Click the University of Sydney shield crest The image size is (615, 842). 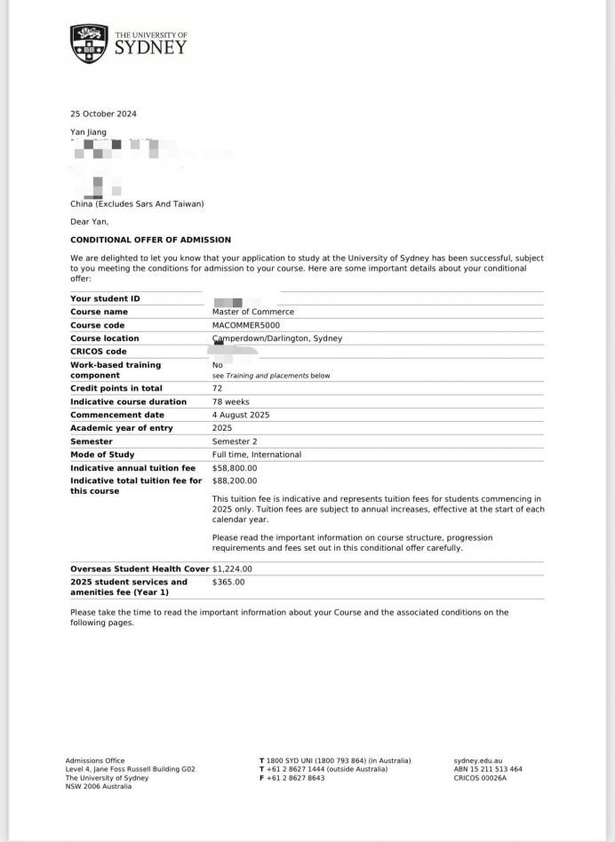click(x=89, y=44)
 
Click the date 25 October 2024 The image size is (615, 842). click(x=103, y=114)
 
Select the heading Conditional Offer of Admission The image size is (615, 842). click(x=150, y=240)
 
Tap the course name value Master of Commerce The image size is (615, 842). click(x=252, y=312)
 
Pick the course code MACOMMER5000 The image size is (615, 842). click(x=245, y=325)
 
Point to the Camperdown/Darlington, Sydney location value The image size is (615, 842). click(x=277, y=338)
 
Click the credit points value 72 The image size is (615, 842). click(x=217, y=388)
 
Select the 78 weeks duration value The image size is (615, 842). click(x=229, y=401)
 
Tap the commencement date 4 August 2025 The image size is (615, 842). click(x=241, y=415)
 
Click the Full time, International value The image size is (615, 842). click(x=256, y=455)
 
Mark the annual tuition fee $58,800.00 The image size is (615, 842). click(x=235, y=467)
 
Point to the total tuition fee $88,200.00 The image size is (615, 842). click(x=235, y=481)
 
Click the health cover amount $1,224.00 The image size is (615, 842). click(x=232, y=569)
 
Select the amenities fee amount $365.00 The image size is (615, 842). click(x=228, y=582)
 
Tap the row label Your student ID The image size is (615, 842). click(x=105, y=298)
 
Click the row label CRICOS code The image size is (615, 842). click(x=100, y=352)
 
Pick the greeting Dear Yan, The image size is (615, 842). click(x=89, y=222)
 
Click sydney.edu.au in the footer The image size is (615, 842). click(x=478, y=760)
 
